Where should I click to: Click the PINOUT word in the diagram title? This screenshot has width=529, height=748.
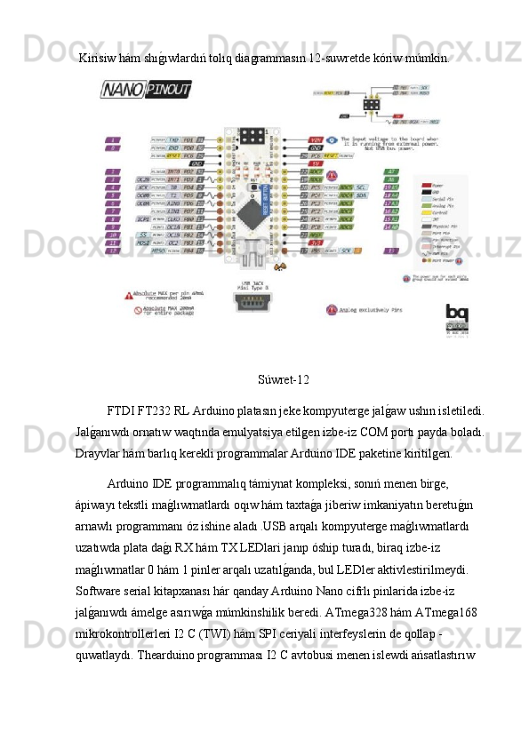click(170, 90)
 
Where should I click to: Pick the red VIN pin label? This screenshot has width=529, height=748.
click(316, 140)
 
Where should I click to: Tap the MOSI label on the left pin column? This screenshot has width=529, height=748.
click(142, 242)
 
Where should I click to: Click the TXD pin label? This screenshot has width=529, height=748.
click(174, 139)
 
